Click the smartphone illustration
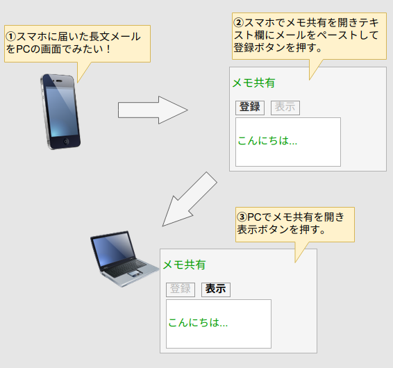(60, 112)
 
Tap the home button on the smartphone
(66, 142)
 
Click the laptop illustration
(124, 259)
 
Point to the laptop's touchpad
(135, 274)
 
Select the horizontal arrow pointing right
(153, 110)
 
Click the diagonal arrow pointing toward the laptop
(190, 199)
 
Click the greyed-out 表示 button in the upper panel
(285, 108)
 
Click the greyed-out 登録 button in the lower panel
(181, 290)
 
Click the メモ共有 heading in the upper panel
(253, 83)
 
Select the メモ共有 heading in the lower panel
(184, 265)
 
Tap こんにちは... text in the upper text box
(267, 141)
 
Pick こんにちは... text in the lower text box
(198, 323)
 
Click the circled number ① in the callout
(11, 37)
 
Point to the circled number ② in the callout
(239, 23)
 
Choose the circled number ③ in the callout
(242, 217)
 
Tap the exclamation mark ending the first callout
(108, 49)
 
